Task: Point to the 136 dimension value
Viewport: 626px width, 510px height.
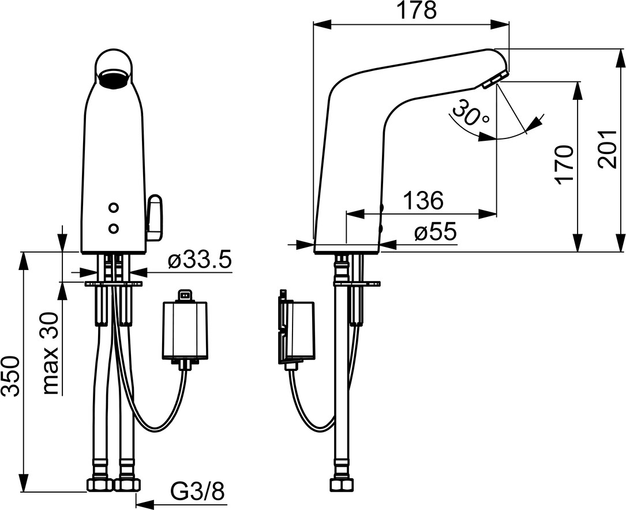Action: coord(423,200)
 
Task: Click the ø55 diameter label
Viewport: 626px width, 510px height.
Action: coord(435,232)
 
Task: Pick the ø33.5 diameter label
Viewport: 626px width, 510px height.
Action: coord(200,261)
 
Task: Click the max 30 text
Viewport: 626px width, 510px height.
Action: coord(50,354)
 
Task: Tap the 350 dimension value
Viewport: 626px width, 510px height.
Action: coord(10,376)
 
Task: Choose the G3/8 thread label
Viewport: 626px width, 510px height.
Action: coord(198,493)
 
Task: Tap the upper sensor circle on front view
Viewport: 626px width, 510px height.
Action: coord(114,208)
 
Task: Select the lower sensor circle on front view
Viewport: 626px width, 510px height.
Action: coord(114,228)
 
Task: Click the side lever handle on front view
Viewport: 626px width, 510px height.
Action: coord(154,218)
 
